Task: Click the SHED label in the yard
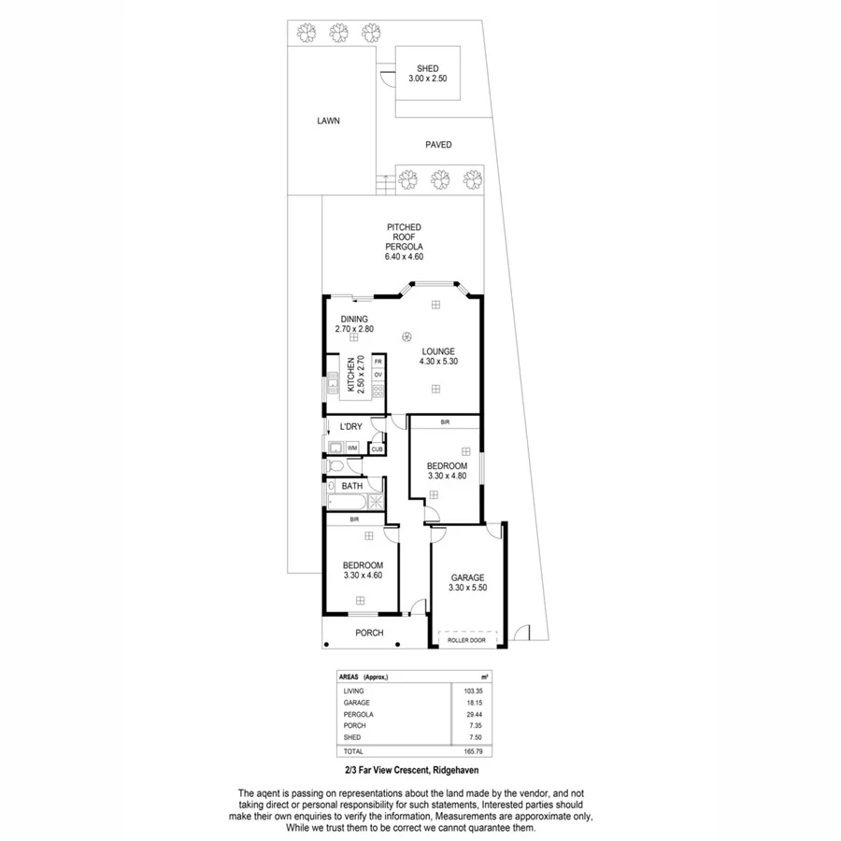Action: pos(429,68)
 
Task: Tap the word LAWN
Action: pos(327,121)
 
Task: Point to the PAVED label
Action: pos(438,145)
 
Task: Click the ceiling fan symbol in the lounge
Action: pos(406,337)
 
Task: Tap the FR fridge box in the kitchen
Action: pos(378,361)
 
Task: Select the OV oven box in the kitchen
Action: pos(378,375)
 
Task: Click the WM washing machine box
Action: pos(352,449)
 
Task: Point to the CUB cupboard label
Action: pos(377,449)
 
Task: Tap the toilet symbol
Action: pos(333,464)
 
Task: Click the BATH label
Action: pos(352,486)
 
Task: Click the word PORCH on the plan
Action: pos(369,633)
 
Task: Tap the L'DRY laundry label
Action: pos(350,427)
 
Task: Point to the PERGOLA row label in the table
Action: pos(358,714)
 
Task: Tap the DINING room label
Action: pos(353,319)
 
